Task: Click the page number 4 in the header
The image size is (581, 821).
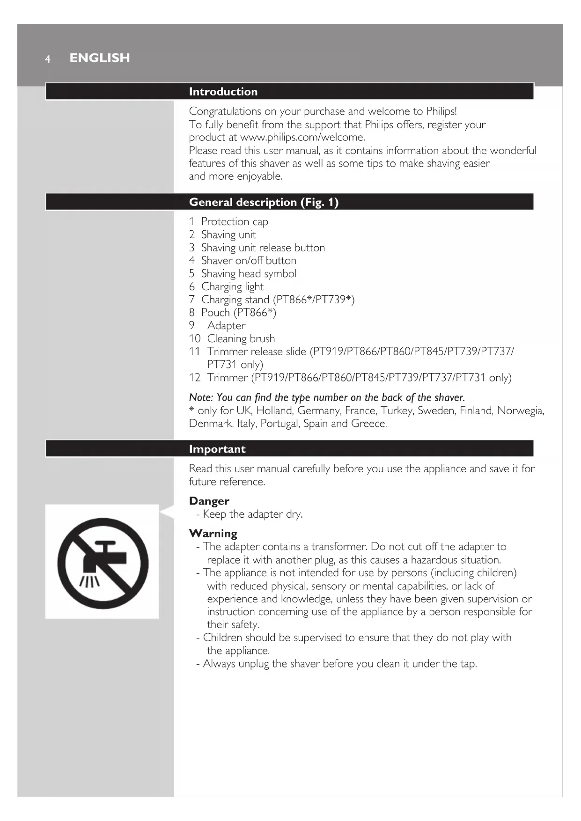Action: click(47, 59)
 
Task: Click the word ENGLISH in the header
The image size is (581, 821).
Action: click(100, 58)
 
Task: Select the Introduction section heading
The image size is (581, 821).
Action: click(223, 92)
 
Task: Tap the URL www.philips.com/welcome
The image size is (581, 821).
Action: click(302, 137)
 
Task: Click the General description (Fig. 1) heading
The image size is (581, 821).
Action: click(264, 202)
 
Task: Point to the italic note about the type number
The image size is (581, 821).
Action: click(327, 398)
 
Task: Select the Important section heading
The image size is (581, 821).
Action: click(217, 449)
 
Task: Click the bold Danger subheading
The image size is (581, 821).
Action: click(209, 501)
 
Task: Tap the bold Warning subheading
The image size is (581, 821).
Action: click(213, 534)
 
